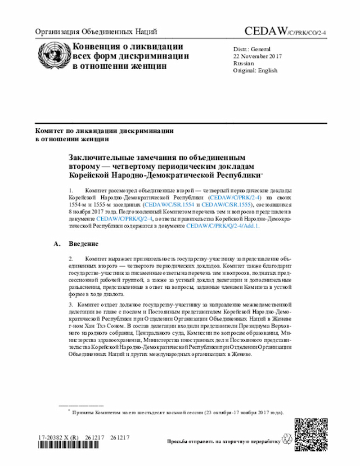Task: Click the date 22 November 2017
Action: pos(258,56)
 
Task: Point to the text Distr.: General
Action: pos(252,49)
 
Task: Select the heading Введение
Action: pos(84,244)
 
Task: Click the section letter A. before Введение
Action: pos(56,244)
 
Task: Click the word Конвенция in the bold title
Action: pos(97,46)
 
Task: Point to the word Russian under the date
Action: pos(244,64)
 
